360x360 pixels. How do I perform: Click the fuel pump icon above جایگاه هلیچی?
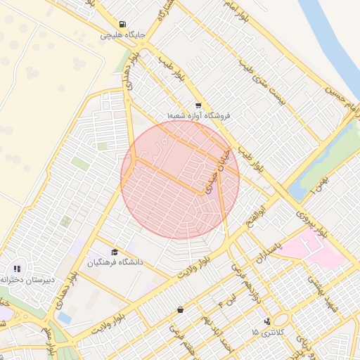[x=124, y=23]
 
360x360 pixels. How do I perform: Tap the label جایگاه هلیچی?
[x=123, y=34]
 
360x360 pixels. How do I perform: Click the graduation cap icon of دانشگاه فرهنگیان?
[x=115, y=252]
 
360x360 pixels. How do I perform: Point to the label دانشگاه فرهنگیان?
[x=115, y=262]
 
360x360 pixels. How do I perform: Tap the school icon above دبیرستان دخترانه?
[x=17, y=268]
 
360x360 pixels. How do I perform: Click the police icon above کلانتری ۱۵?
[x=266, y=321]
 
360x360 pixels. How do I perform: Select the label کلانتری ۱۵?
[x=265, y=332]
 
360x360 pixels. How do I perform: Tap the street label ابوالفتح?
[x=257, y=214]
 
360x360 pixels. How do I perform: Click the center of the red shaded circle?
[x=180, y=179]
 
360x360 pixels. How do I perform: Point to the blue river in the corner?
[x=330, y=35]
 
